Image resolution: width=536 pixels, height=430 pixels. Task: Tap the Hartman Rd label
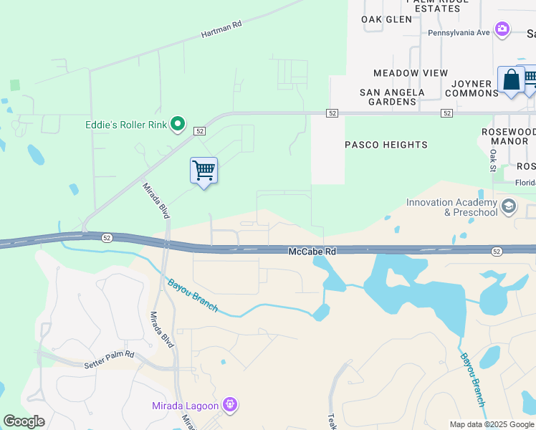coord(221,29)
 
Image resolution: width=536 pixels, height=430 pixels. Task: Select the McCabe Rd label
coord(312,252)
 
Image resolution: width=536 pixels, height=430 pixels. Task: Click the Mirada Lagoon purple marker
coord(230,406)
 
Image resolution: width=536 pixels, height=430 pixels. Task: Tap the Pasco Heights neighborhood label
coord(386,145)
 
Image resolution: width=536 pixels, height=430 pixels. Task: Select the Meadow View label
coord(411,73)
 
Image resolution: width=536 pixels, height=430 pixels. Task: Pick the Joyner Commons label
coord(471,88)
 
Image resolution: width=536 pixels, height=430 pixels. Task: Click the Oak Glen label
coord(387,19)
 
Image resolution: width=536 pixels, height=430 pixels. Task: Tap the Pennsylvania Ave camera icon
coord(502,29)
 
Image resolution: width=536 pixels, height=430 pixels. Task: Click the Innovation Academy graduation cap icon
coord(509,208)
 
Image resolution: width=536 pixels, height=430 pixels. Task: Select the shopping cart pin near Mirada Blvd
coord(204,171)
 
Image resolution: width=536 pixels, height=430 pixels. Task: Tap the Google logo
coord(24,421)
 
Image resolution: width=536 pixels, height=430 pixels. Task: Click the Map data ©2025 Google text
coord(491,424)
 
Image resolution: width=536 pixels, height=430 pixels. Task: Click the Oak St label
coord(493,161)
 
